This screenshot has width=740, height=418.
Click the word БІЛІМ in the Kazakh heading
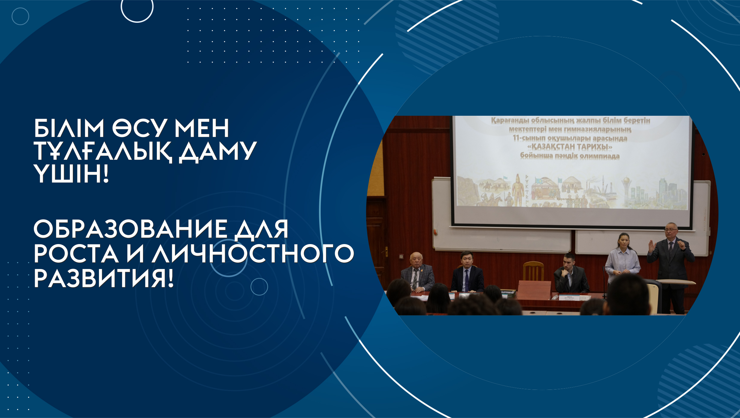(x=69, y=128)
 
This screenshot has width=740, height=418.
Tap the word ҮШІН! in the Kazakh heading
(x=71, y=174)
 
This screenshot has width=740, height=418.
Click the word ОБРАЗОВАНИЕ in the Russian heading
(x=131, y=229)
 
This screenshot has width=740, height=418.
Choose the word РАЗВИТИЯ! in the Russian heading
(x=104, y=278)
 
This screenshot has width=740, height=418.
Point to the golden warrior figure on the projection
(x=518, y=191)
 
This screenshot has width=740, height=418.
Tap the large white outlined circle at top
(x=137, y=7)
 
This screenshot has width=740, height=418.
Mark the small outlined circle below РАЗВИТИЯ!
(x=259, y=287)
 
